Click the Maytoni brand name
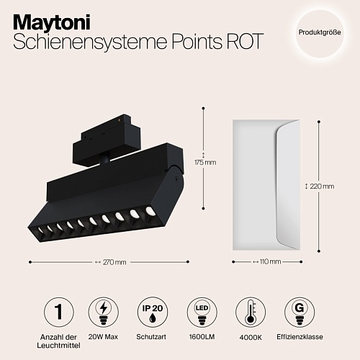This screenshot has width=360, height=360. pyautogui.click(x=52, y=22)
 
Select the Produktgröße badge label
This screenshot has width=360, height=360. pyautogui.click(x=320, y=32)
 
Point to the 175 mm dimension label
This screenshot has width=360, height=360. pyautogui.click(x=205, y=163)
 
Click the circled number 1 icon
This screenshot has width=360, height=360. pyautogui.click(x=59, y=312)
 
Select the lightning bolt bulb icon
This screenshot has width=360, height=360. pyautogui.click(x=104, y=312)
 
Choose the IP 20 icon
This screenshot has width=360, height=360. pyautogui.click(x=153, y=312)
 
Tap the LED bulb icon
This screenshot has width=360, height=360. pyautogui.click(x=202, y=312)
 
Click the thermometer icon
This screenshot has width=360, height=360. pyautogui.click(x=251, y=312)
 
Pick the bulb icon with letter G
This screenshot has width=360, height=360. pyautogui.click(x=300, y=312)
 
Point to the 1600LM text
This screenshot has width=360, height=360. pyautogui.click(x=202, y=337)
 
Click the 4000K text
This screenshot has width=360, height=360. pyautogui.click(x=251, y=338)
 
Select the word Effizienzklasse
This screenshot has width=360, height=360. pyautogui.click(x=300, y=337)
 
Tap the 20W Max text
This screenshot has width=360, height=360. pyautogui.click(x=103, y=337)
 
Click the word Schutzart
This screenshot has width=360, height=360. pyautogui.click(x=151, y=337)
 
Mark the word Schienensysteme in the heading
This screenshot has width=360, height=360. pyautogui.click(x=90, y=41)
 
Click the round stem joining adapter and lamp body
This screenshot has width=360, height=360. pyautogui.click(x=105, y=161)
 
